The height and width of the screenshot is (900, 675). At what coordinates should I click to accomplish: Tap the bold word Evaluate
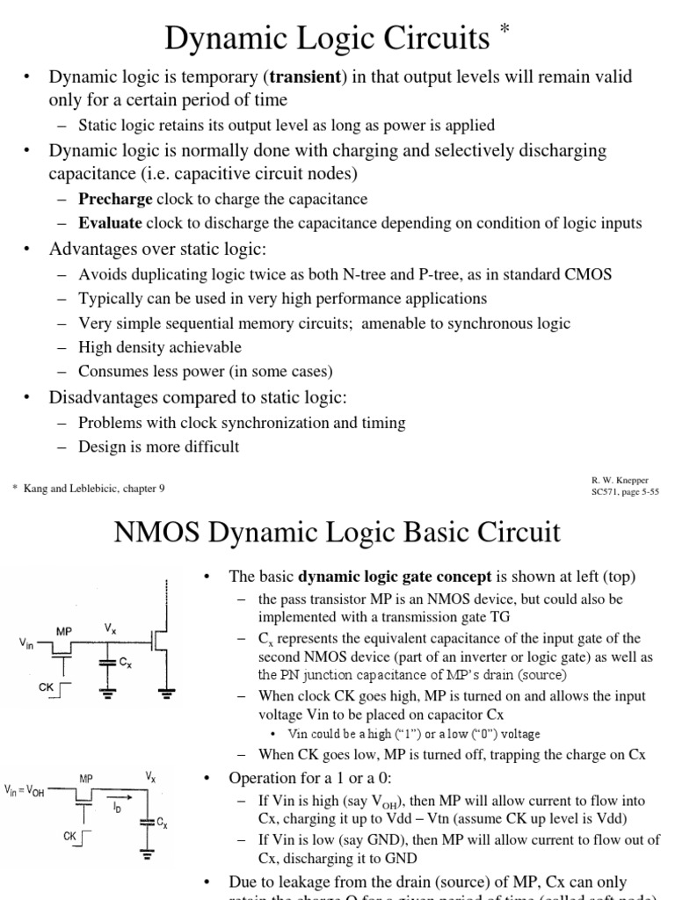click(110, 222)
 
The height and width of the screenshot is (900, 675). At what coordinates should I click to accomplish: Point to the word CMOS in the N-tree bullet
click(588, 274)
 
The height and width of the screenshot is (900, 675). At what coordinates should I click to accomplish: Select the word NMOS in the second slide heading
click(147, 533)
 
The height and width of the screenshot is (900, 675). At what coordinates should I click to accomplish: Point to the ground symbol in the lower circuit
click(148, 853)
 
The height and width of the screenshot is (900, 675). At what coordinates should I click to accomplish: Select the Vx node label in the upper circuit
click(110, 629)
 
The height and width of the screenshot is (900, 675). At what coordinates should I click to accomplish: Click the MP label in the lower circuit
click(85, 779)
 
